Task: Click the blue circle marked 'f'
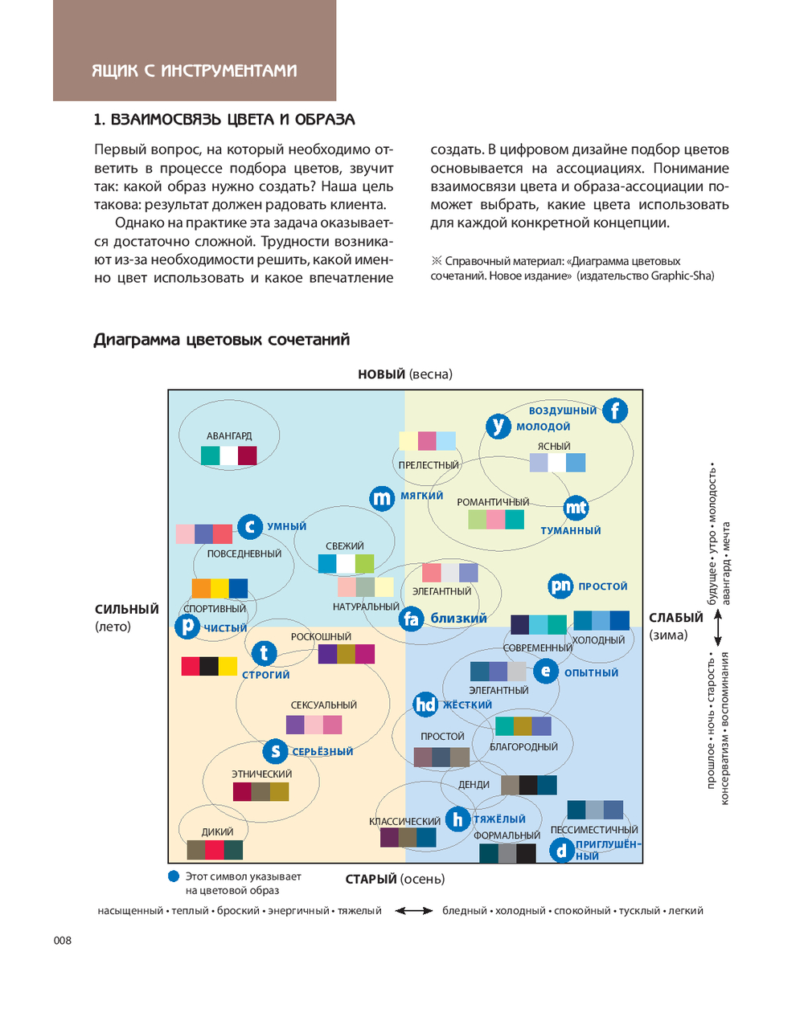pyautogui.click(x=615, y=411)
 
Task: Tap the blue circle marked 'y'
pyautogui.click(x=498, y=426)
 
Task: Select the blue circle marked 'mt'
pyautogui.click(x=576, y=508)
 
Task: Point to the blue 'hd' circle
pyautogui.click(x=425, y=705)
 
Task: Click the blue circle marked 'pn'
pyautogui.click(x=560, y=586)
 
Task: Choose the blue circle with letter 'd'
pyautogui.click(x=561, y=850)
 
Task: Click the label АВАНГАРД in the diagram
pyautogui.click(x=229, y=435)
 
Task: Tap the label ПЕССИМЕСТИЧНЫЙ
pyautogui.click(x=594, y=830)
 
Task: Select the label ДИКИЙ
pyautogui.click(x=217, y=831)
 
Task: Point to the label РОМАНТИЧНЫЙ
pyautogui.click(x=493, y=502)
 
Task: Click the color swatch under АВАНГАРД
pyautogui.click(x=229, y=455)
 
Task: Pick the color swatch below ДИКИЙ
pyautogui.click(x=215, y=850)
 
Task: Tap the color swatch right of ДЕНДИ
pyautogui.click(x=528, y=785)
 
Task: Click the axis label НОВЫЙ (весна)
pyautogui.click(x=405, y=374)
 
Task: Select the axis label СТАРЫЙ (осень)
pyautogui.click(x=395, y=879)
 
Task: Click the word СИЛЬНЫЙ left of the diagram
pyautogui.click(x=127, y=609)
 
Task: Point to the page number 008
pyautogui.click(x=63, y=940)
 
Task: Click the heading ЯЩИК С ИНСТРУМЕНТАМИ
pyautogui.click(x=195, y=71)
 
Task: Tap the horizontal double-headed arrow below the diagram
pyautogui.click(x=414, y=911)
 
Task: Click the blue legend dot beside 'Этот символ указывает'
pyautogui.click(x=174, y=876)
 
